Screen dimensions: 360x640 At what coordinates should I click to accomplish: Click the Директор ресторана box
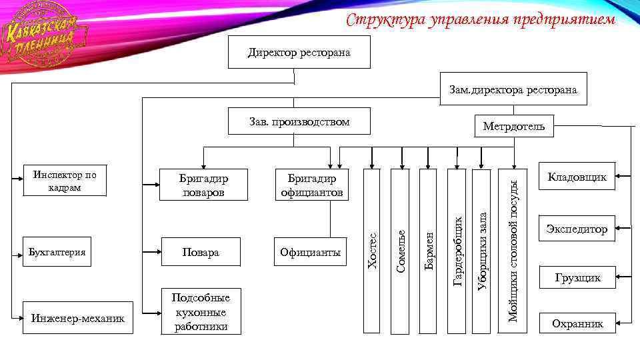pyautogui.click(x=299, y=53)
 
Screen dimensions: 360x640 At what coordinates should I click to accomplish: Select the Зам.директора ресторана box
pyautogui.click(x=513, y=89)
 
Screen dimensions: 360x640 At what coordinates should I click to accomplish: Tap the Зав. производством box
pyautogui.click(x=299, y=122)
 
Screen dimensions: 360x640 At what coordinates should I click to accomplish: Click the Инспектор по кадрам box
pyautogui.click(x=65, y=180)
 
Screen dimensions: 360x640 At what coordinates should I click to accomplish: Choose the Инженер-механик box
pyautogui.click(x=78, y=318)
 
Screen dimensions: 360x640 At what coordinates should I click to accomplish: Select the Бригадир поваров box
pyautogui.click(x=203, y=185)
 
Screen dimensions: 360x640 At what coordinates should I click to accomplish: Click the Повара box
pyautogui.click(x=203, y=252)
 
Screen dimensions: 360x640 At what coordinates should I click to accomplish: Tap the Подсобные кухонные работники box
pyautogui.click(x=201, y=311)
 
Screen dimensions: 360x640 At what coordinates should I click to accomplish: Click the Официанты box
pyautogui.click(x=310, y=252)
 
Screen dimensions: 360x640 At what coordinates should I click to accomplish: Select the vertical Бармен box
pyautogui.click(x=428, y=250)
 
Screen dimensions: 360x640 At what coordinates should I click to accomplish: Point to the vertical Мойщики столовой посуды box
pyautogui.click(x=513, y=250)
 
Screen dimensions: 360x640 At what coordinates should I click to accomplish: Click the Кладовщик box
pyautogui.click(x=577, y=177)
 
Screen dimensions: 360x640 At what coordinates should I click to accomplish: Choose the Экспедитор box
pyautogui.click(x=577, y=229)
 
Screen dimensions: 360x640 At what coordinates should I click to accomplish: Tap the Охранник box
pyautogui.click(x=577, y=324)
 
